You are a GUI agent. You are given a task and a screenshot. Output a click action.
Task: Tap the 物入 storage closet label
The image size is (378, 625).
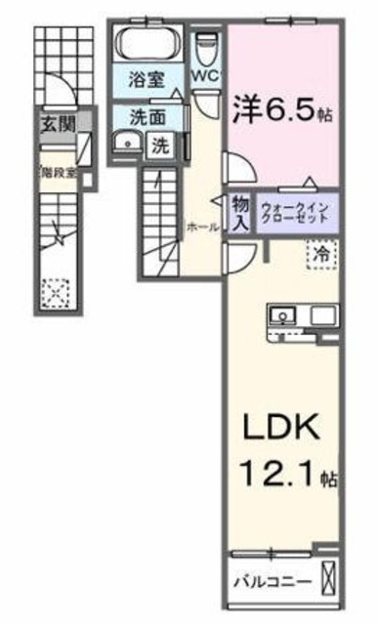tap(239, 211)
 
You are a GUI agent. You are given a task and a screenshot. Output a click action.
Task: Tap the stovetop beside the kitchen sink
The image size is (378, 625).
tap(322, 314)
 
